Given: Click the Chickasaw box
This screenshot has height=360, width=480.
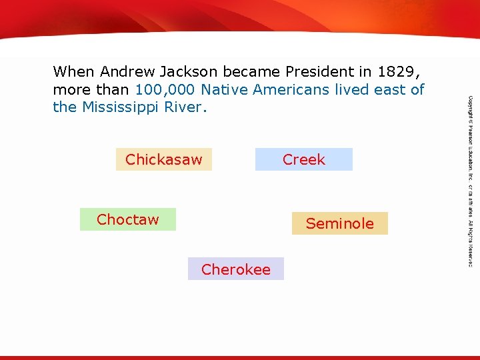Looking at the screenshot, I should click(x=163, y=159).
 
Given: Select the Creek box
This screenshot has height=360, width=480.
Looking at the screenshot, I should click(x=303, y=159).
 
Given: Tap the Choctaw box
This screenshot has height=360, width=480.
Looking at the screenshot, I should click(x=127, y=219).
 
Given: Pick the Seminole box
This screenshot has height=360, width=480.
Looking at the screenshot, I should click(x=339, y=223).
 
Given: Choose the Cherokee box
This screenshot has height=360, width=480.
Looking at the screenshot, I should click(x=235, y=269).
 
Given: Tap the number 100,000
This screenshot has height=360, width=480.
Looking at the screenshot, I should click(x=165, y=89).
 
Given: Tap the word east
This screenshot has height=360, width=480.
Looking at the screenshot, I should click(x=390, y=89).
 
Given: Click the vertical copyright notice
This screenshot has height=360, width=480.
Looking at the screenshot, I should click(x=470, y=180).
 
